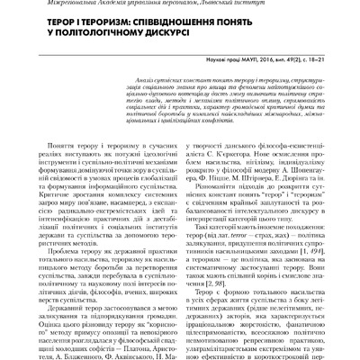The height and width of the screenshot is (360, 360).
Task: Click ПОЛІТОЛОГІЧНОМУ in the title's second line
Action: point(91,38)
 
